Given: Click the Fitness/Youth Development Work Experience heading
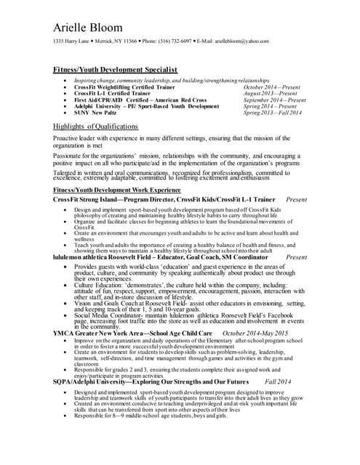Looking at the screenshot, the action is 116,189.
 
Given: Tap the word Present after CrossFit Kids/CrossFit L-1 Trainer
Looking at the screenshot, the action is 297,198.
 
